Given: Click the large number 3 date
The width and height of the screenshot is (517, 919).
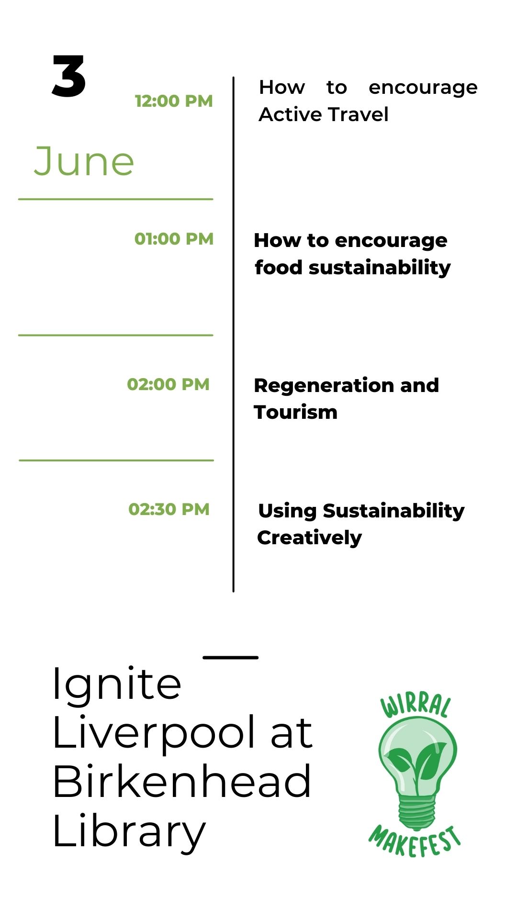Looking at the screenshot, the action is tap(69, 76).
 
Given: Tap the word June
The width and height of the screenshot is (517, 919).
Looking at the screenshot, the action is tap(84, 161).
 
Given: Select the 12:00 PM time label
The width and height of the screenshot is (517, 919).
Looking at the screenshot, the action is tap(174, 101).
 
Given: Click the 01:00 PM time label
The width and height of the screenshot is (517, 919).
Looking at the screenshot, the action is tap(174, 238).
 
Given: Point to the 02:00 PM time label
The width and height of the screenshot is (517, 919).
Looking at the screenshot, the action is tap(168, 384).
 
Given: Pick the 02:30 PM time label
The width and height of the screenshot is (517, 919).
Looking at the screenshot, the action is tap(169, 509).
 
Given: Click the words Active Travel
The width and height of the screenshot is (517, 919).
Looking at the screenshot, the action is tap(324, 114).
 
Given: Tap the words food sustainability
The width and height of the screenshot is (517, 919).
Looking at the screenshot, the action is tap(353, 268).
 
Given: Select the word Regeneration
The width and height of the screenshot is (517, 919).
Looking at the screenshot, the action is tap(324, 386).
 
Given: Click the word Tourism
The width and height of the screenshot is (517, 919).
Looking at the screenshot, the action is tap(296, 412).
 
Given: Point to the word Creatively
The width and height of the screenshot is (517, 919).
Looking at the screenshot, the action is tap(310, 538).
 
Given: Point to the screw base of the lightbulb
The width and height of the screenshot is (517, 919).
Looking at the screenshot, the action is tap(417, 811).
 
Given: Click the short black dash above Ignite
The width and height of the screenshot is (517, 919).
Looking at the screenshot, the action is tap(231, 657).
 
